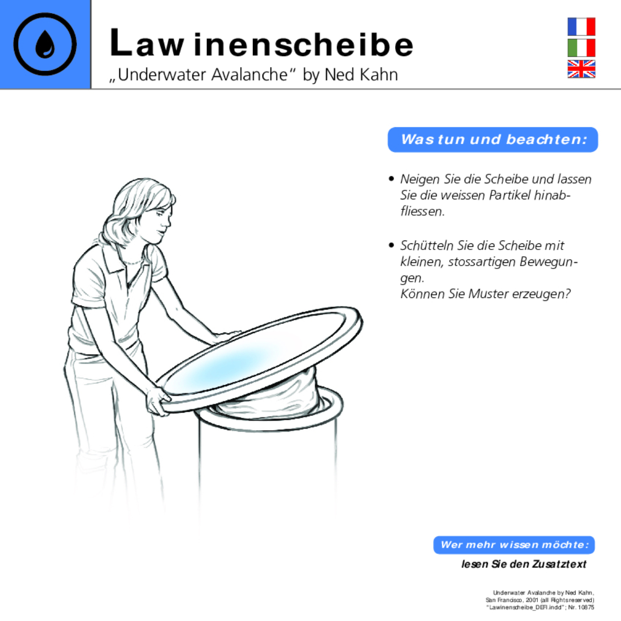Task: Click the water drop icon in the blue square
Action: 45,45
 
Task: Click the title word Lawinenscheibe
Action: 261,44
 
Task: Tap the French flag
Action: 581,27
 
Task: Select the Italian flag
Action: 581,48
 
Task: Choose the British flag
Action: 581,69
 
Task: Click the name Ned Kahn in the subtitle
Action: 361,75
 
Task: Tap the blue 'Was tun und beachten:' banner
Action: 493,140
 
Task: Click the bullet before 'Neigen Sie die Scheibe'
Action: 391,179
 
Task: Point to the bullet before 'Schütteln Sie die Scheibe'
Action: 391,245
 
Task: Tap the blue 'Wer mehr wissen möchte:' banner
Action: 514,545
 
